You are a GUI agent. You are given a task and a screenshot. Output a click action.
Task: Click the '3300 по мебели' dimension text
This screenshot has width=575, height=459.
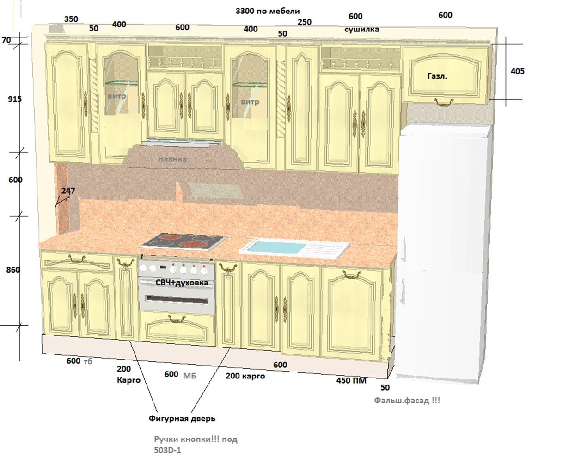[x=268, y=11]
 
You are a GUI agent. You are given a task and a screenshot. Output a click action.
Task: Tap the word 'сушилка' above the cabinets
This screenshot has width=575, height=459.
[x=361, y=29]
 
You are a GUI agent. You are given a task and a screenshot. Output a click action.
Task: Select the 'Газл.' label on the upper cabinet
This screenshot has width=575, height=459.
[x=437, y=76]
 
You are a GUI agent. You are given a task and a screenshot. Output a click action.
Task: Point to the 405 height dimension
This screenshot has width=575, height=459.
[x=518, y=71]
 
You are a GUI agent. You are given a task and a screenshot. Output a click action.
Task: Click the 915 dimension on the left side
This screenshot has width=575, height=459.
[x=15, y=99]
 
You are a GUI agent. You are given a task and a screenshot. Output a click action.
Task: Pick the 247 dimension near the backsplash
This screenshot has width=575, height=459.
[x=68, y=191]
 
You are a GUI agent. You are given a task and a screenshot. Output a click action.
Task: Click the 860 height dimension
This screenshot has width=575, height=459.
[x=13, y=270]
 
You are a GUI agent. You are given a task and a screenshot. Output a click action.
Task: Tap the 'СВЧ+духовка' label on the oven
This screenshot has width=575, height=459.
[x=182, y=283]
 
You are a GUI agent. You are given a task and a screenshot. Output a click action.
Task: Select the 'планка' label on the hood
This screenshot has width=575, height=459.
[x=172, y=160]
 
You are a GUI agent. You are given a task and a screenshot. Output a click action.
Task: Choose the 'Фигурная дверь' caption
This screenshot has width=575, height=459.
[x=182, y=418]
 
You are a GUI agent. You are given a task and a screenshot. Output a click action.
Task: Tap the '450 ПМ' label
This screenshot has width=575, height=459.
[x=351, y=380]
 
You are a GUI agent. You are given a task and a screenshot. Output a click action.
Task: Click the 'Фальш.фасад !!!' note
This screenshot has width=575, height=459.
[x=407, y=400]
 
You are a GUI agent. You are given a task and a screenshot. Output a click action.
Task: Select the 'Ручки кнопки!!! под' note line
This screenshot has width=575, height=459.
[x=196, y=440]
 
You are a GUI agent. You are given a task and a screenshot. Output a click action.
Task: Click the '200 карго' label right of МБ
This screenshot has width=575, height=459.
[x=245, y=376]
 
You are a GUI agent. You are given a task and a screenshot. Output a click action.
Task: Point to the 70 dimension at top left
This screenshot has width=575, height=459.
[x=6, y=40]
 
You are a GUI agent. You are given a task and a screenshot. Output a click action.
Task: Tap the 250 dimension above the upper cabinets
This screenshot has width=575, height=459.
[x=305, y=22]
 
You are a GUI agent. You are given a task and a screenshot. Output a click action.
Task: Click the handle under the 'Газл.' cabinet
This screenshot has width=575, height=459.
[x=444, y=102]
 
